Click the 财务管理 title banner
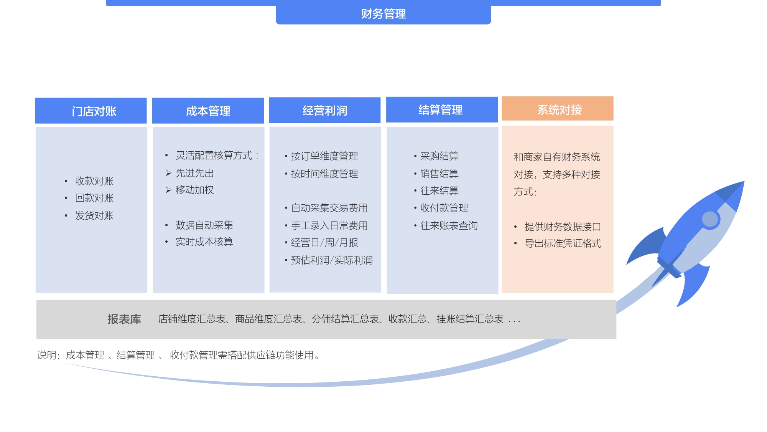[x=383, y=14]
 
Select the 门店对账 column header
[x=91, y=111]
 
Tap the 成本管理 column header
[x=208, y=111]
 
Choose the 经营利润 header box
[x=325, y=111]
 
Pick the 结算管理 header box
[x=442, y=110]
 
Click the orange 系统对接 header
[x=558, y=109]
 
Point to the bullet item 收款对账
[x=94, y=181]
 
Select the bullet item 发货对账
[x=94, y=215]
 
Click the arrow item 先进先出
[x=194, y=173]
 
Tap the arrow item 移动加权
[x=194, y=190]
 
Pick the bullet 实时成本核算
[x=204, y=242]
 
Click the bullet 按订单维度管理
[x=324, y=156]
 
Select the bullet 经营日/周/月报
[x=324, y=242]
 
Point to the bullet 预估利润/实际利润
[x=332, y=260]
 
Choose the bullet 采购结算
[x=439, y=156]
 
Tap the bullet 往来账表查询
[x=449, y=225]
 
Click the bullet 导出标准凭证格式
[x=563, y=243]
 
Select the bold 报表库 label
[x=124, y=319]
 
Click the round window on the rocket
[x=710, y=220]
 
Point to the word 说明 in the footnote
[x=47, y=355]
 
